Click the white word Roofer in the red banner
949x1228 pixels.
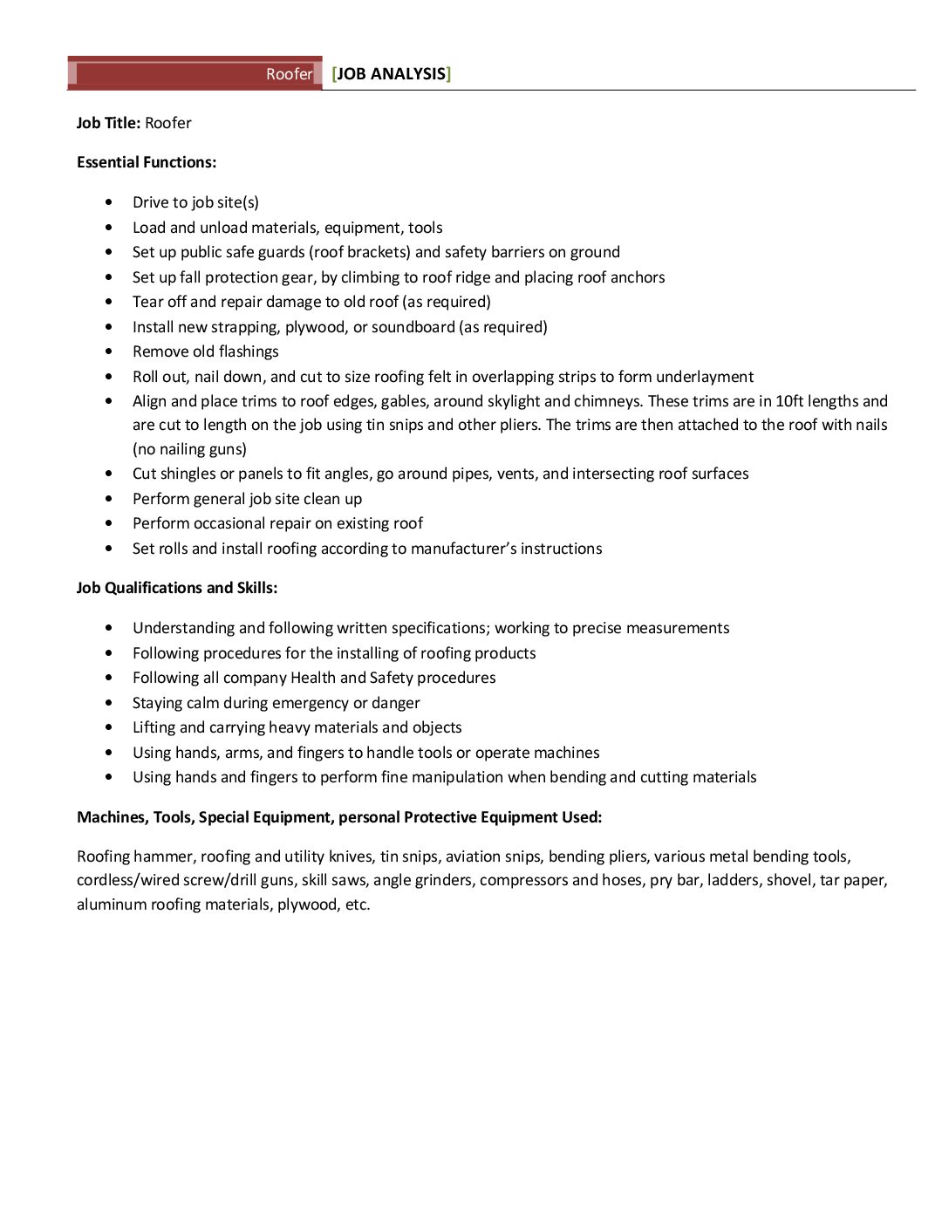coord(289,74)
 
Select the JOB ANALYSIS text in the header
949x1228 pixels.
coord(391,74)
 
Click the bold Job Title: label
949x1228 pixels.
coord(108,123)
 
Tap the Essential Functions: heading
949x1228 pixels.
coord(147,162)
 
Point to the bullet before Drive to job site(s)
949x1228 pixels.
coord(108,202)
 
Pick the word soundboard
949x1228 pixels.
coord(413,327)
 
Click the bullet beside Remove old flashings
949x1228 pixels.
coord(108,351)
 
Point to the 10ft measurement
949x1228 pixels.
coord(789,401)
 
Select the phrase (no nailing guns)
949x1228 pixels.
coord(189,449)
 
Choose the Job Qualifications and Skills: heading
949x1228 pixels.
coord(177,588)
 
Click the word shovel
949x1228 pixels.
coord(789,880)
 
